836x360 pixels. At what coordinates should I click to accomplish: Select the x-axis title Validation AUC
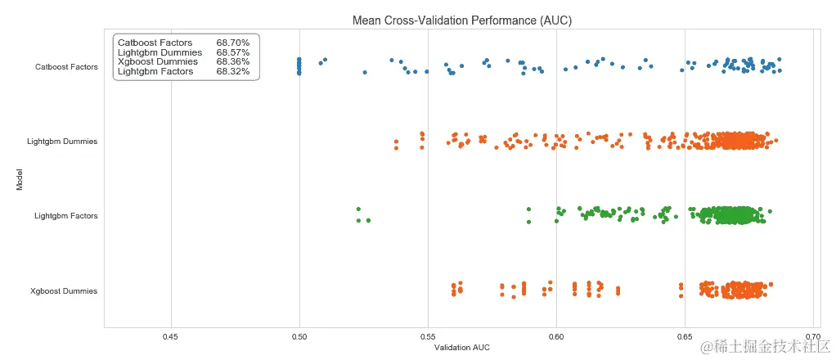click(x=461, y=348)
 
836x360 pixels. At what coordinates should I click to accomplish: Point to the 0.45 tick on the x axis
click(x=171, y=335)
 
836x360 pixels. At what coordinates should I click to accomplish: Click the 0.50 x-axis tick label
click(x=299, y=335)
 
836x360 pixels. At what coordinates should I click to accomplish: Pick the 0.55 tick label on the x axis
click(x=428, y=335)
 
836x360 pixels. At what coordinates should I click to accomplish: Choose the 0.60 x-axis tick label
click(x=556, y=335)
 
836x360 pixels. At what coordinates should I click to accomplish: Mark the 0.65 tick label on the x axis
click(x=685, y=335)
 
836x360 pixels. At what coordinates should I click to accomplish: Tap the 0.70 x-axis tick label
click(x=813, y=335)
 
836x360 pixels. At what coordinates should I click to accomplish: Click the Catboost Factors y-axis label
click(x=66, y=66)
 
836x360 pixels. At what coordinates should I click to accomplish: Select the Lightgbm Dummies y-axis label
click(x=62, y=142)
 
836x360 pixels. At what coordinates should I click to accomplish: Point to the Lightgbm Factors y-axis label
click(x=65, y=216)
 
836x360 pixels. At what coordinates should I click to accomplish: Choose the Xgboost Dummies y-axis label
click(x=64, y=291)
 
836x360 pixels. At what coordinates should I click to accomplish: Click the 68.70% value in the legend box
click(x=232, y=43)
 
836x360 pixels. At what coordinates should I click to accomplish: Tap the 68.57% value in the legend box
click(x=232, y=52)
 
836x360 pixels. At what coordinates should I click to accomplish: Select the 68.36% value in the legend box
click(x=232, y=62)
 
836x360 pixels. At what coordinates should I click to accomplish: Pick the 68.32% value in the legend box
click(x=232, y=72)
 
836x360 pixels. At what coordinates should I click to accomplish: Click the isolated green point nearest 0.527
click(x=368, y=220)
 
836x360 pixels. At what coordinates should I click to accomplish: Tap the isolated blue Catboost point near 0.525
click(x=365, y=72)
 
